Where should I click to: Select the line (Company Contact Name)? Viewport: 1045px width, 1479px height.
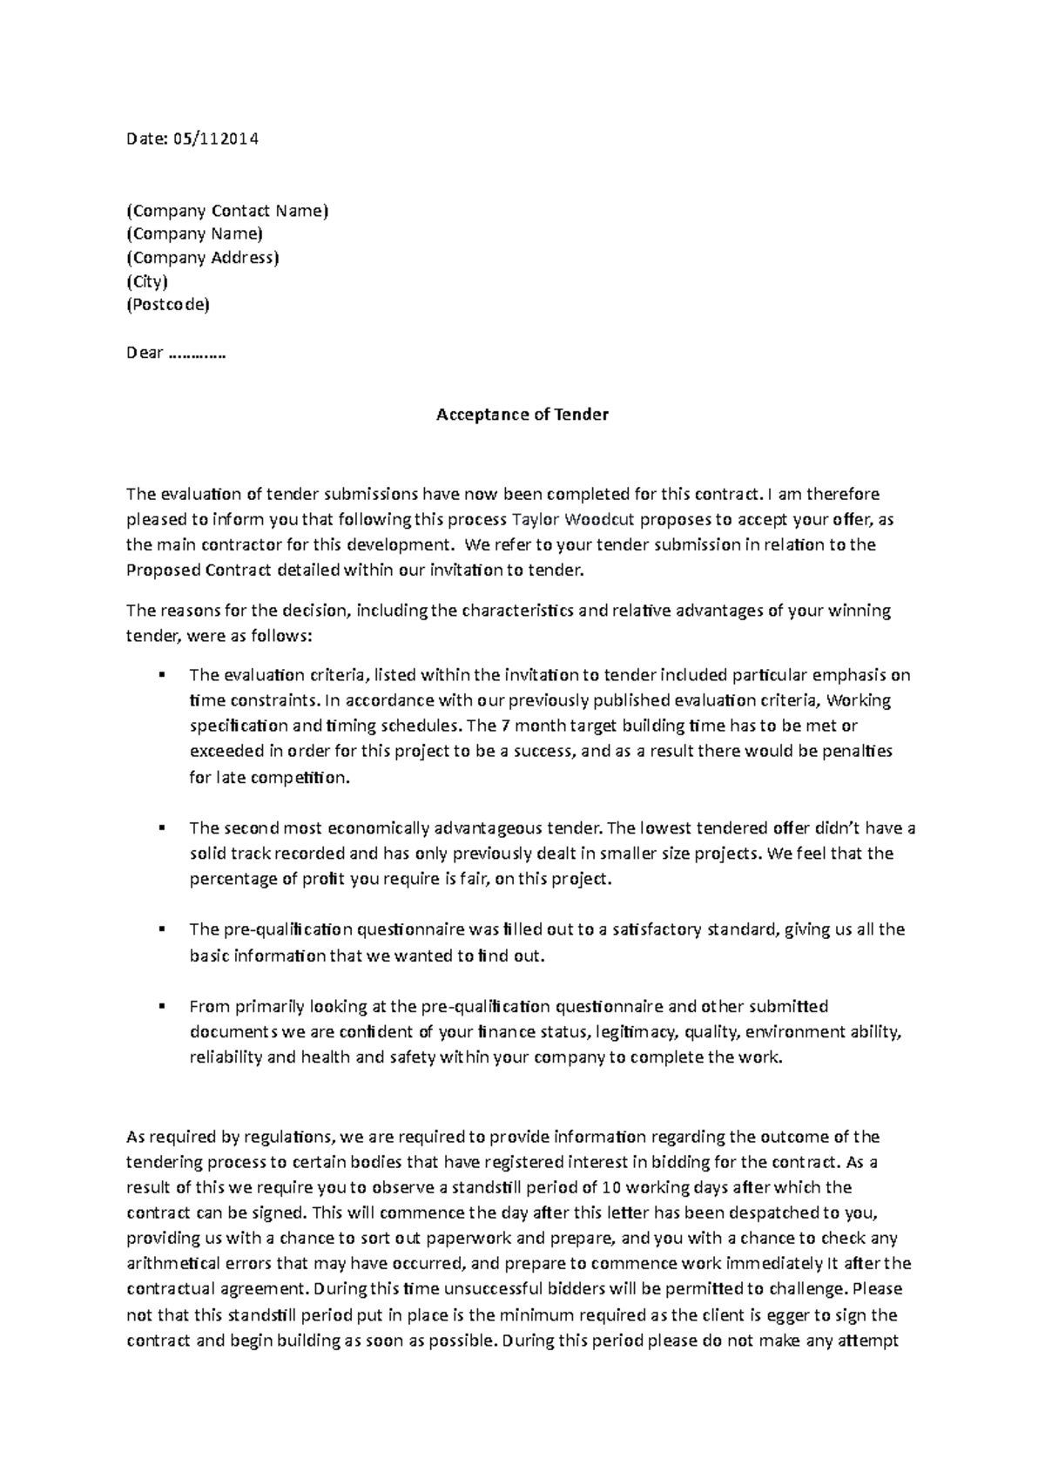pyautogui.click(x=228, y=210)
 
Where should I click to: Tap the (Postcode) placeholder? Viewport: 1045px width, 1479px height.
pyautogui.click(x=168, y=305)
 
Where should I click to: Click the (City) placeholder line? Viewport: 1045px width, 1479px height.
pyautogui.click(x=147, y=281)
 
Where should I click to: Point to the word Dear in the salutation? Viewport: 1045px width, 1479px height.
pyautogui.click(x=145, y=353)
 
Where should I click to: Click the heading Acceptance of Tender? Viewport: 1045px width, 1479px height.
pyautogui.click(x=522, y=415)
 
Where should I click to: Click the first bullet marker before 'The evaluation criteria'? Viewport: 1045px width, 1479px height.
pyautogui.click(x=163, y=674)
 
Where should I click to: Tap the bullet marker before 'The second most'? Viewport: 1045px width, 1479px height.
pyautogui.click(x=163, y=827)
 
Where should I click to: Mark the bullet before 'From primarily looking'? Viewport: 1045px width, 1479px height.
pyautogui.click(x=163, y=1007)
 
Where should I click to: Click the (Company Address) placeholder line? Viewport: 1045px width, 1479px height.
pyautogui.click(x=203, y=258)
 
